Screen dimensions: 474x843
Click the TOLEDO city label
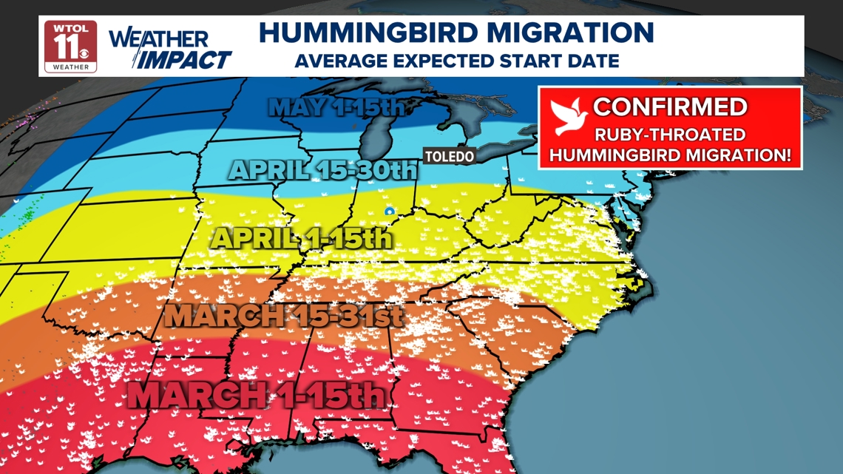tap(449, 157)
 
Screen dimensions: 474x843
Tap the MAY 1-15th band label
tap(336, 107)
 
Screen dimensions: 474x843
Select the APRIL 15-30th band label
tap(323, 171)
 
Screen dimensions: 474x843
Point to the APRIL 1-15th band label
tap(301, 238)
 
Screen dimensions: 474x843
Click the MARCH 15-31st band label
tap(283, 315)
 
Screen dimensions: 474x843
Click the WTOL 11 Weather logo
tap(71, 46)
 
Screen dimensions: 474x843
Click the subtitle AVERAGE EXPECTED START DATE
tap(456, 61)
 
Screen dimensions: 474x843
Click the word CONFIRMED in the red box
tap(669, 107)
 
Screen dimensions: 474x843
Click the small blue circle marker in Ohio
tap(389, 211)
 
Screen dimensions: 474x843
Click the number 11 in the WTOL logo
tap(65, 47)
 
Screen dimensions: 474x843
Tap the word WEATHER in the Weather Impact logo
tap(158, 39)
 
